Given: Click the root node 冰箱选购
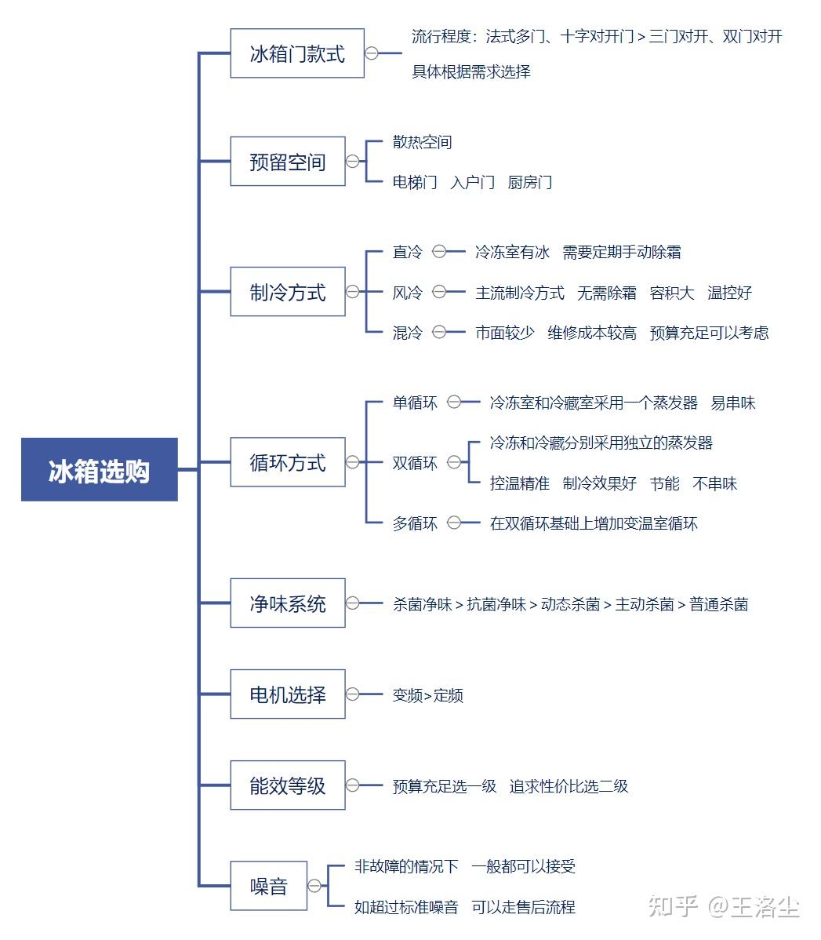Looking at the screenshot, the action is click(x=100, y=469).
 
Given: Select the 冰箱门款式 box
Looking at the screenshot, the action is click(x=297, y=53).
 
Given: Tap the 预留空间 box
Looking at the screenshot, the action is click(x=288, y=162).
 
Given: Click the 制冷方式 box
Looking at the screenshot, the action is click(x=288, y=291).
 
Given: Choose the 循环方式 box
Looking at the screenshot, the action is click(x=288, y=461).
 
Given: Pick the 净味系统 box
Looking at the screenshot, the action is click(x=288, y=603).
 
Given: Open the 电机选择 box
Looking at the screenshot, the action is click(x=288, y=694).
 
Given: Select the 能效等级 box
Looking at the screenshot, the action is click(x=288, y=785).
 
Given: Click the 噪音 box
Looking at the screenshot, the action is click(x=268, y=886).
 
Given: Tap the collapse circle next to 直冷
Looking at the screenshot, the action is click(x=439, y=252).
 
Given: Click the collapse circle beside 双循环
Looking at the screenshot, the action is click(x=454, y=462).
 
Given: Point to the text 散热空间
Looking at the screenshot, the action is click(x=422, y=142).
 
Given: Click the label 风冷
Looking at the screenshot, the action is click(x=408, y=293).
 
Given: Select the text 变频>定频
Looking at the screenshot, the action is click(x=428, y=695).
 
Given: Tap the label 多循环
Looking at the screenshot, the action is click(x=415, y=523).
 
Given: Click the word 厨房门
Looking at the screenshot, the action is click(x=530, y=182).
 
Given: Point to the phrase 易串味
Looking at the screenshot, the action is click(x=733, y=403).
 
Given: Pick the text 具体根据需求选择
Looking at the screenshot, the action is click(x=471, y=72).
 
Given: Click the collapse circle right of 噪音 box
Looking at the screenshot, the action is click(x=314, y=886).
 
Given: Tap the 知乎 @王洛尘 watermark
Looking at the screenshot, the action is click(x=724, y=905).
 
